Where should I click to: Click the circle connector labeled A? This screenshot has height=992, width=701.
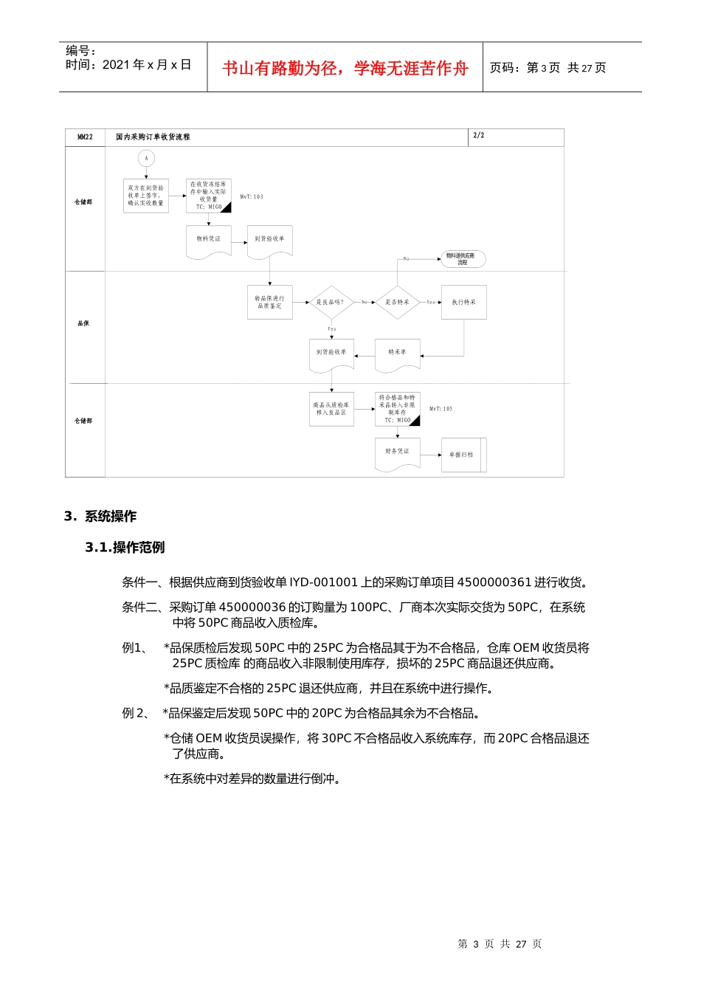pyautogui.click(x=146, y=158)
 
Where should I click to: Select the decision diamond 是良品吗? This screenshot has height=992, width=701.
pyautogui.click(x=331, y=302)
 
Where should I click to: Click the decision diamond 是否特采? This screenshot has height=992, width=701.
pyautogui.click(x=397, y=302)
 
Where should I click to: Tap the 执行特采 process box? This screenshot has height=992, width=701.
pyautogui.click(x=463, y=302)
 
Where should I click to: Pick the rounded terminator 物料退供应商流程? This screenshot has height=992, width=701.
pyautogui.click(x=463, y=259)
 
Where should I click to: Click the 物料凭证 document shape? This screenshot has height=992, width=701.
pyautogui.click(x=208, y=241)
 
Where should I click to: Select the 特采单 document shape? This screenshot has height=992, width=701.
pyautogui.click(x=397, y=354)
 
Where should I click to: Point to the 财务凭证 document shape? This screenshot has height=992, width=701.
pyautogui.click(x=397, y=452)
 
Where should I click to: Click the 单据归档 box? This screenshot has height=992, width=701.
pyautogui.click(x=463, y=455)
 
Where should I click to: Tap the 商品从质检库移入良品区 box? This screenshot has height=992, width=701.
pyautogui.click(x=331, y=409)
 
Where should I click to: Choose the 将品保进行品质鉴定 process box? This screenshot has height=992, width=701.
pyautogui.click(x=269, y=302)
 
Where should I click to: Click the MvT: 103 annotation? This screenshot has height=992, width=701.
pyautogui.click(x=252, y=197)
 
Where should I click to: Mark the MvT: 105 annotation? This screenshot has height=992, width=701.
pyautogui.click(x=441, y=409)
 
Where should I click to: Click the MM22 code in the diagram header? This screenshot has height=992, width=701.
pyautogui.click(x=85, y=137)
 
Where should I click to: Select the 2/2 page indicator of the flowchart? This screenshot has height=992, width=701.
pyautogui.click(x=479, y=136)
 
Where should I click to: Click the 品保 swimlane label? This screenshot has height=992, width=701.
pyautogui.click(x=83, y=323)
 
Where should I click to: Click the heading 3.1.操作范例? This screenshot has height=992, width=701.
pyautogui.click(x=125, y=548)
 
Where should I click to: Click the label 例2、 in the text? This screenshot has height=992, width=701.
pyautogui.click(x=136, y=713)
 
